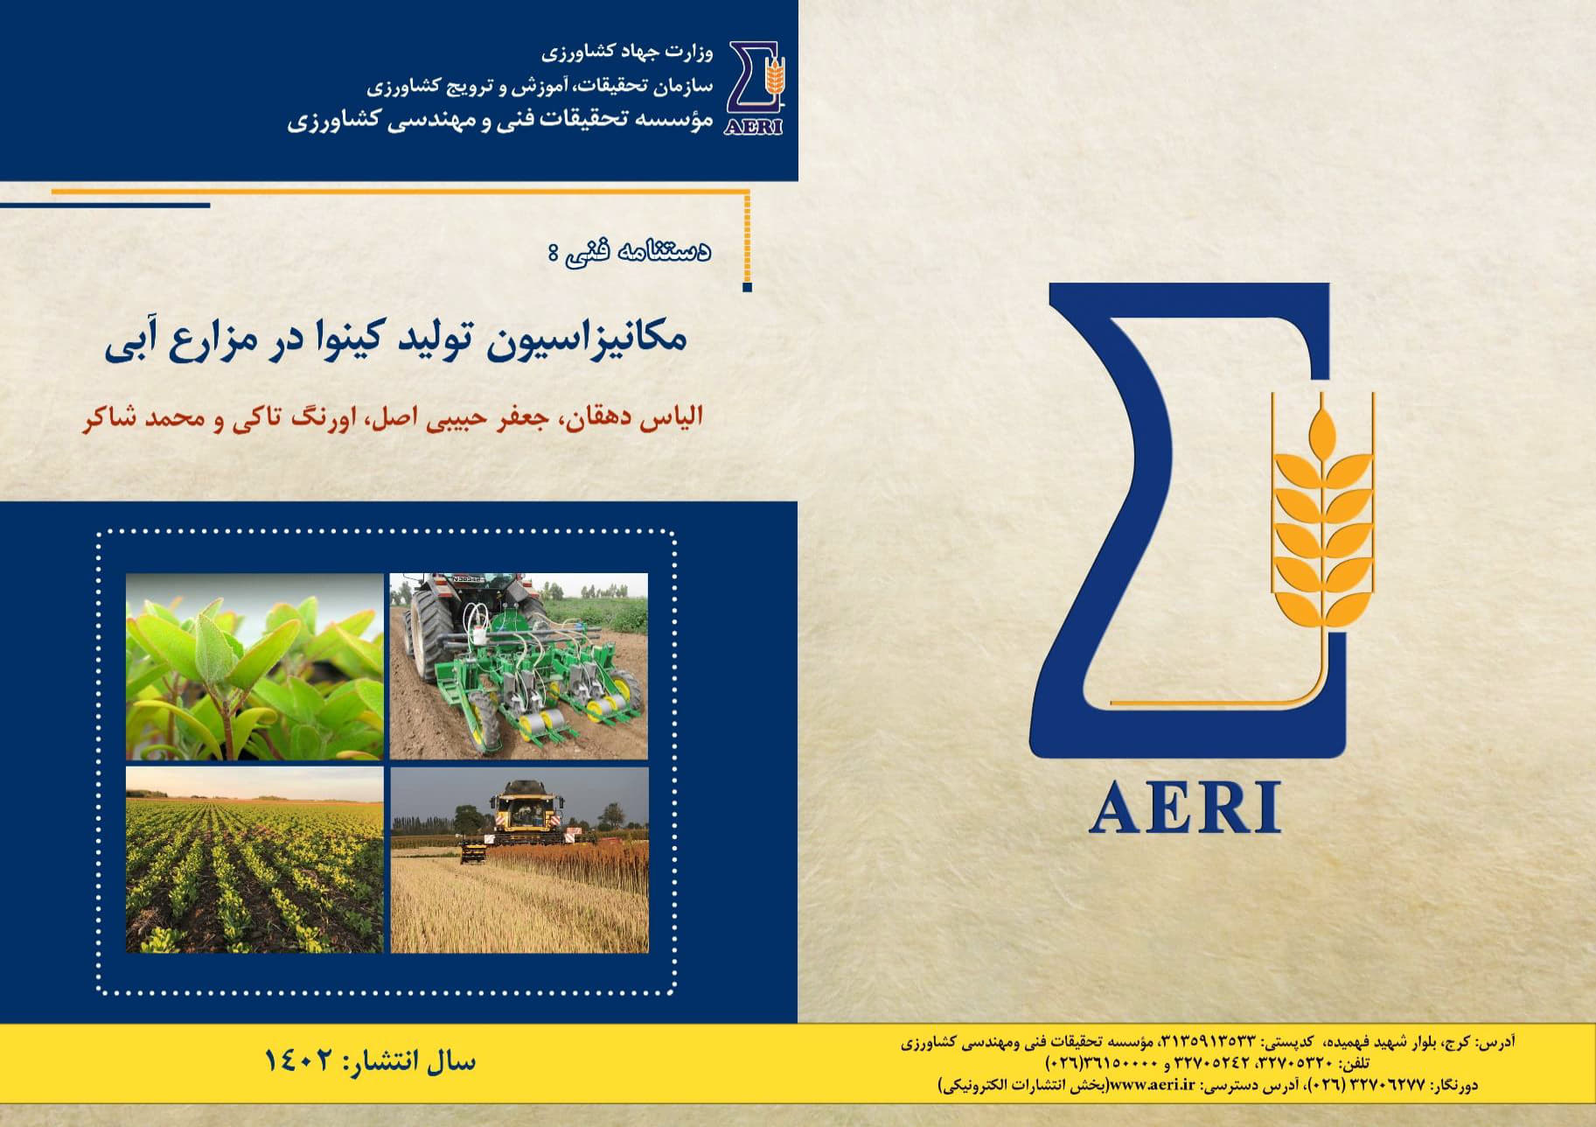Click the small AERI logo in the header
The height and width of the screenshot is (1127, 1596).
[x=755, y=87]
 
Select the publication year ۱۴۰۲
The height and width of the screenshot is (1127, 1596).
[x=299, y=1061]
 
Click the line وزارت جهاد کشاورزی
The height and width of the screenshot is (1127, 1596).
[x=626, y=52]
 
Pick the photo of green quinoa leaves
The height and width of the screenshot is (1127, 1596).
[x=254, y=666]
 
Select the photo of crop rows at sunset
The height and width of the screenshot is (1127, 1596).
[x=254, y=860]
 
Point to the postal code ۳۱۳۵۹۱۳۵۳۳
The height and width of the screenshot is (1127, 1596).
[x=1210, y=1042]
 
